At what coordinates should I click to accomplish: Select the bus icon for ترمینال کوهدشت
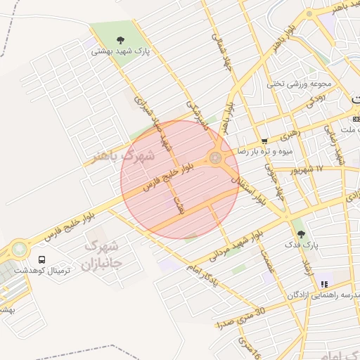[41, 259]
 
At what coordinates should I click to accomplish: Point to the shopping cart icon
[264, 141]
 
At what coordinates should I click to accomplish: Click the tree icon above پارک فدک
[302, 233]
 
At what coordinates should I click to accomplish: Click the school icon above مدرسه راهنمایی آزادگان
[323, 283]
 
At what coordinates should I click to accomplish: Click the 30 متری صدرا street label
[240, 317]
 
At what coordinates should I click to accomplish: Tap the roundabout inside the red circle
[215, 158]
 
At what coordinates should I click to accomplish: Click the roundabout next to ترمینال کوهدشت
[17, 248]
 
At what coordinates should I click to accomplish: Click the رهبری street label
[289, 131]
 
